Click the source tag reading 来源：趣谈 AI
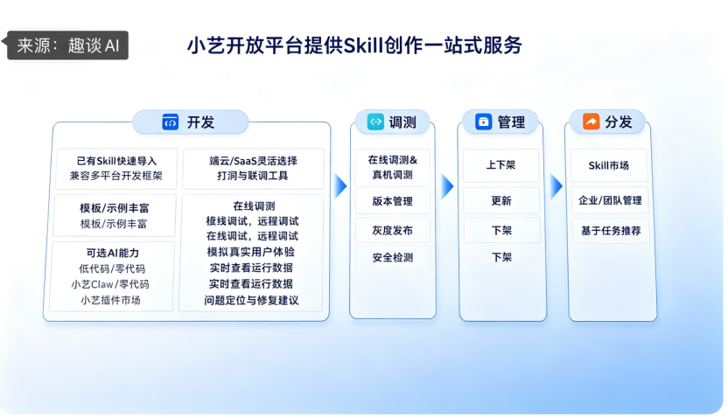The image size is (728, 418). [x=66, y=45]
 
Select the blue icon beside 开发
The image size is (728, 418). [x=170, y=122]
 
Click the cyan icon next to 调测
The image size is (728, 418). [x=375, y=122]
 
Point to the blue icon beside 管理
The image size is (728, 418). [x=483, y=122]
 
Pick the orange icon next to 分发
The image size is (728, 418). [x=591, y=122]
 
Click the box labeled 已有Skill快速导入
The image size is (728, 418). [x=116, y=169]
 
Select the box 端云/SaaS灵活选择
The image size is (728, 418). [x=253, y=169]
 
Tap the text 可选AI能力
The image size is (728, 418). [x=112, y=253]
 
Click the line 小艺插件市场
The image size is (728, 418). [x=110, y=300]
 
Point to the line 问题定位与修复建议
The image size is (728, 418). [x=251, y=300]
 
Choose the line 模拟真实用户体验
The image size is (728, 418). [x=251, y=252]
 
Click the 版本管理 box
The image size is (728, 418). [x=392, y=201]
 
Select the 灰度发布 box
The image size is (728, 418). [x=392, y=230]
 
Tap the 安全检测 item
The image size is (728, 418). [x=392, y=257]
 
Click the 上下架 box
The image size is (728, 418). [x=501, y=165]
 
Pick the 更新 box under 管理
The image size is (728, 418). [x=501, y=201]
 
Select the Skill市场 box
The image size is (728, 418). [x=609, y=165]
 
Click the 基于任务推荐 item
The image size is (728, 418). [x=611, y=231]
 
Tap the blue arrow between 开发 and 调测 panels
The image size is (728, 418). [x=340, y=186]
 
